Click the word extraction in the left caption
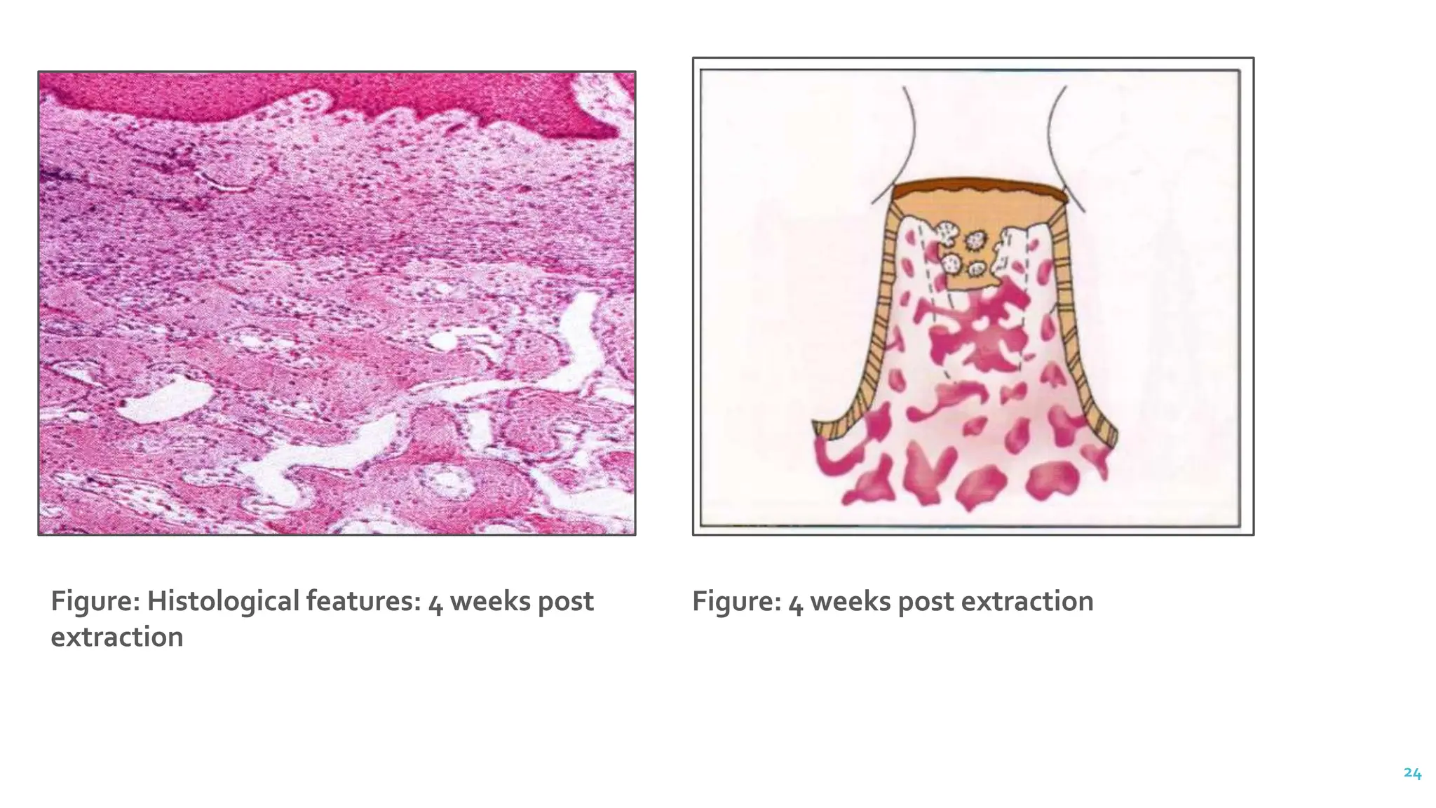click(x=117, y=637)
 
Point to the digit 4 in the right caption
click(x=795, y=602)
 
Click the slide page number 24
click(x=1412, y=773)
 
